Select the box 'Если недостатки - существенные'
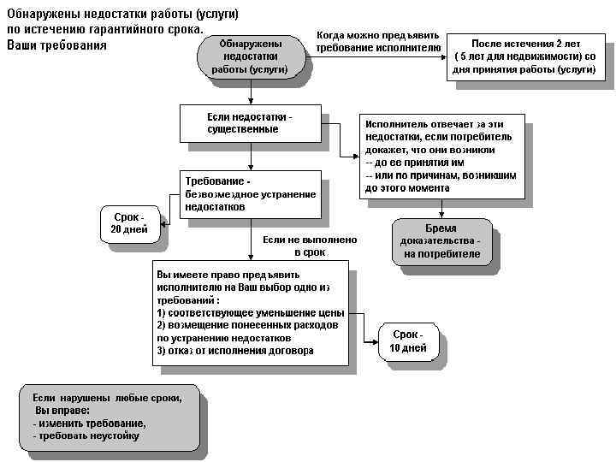pyautogui.click(x=250, y=123)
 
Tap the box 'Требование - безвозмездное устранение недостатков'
pyautogui.click(x=250, y=194)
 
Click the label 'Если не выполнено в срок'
pyautogui.click(x=309, y=246)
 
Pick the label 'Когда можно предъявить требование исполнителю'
pyautogui.click(x=377, y=42)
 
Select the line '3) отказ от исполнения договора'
pyautogui.click(x=235, y=351)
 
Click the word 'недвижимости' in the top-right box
pyautogui.click(x=524, y=56)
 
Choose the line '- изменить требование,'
pyautogui.click(x=89, y=423)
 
